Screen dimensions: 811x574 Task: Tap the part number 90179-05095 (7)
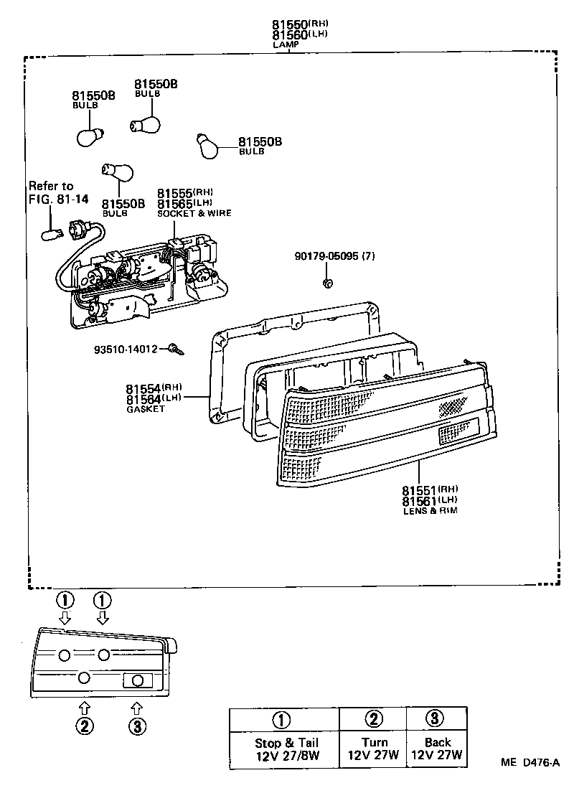[334, 256]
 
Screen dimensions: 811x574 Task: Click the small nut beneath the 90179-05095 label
[327, 283]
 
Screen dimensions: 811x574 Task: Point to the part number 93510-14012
[126, 350]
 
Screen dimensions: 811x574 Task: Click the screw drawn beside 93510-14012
[177, 350]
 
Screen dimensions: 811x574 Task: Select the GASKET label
[146, 408]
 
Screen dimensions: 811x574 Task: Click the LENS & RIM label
[429, 510]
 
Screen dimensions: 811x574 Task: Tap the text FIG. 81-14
[59, 199]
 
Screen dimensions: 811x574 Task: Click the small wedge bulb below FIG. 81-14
[52, 233]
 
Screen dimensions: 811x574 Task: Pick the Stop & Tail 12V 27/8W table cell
[286, 749]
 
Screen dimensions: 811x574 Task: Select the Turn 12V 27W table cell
[373, 749]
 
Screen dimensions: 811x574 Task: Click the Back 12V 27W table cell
[437, 749]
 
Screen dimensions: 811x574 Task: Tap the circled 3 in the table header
[436, 718]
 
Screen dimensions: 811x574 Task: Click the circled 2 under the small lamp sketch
[84, 726]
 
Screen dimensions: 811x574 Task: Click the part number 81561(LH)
[429, 500]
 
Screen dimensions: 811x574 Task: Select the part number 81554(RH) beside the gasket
[154, 388]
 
